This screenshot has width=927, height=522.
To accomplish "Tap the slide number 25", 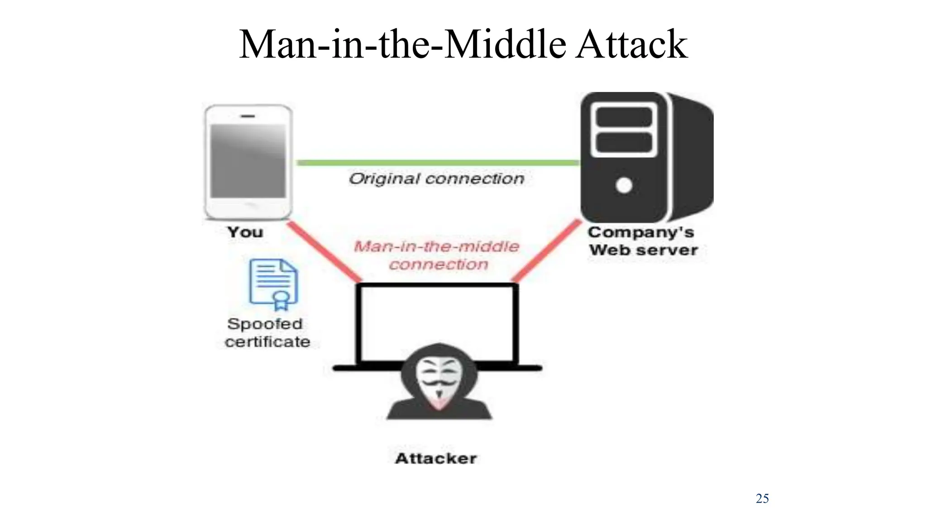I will click(x=762, y=498).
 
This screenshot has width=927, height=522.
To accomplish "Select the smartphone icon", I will click(x=248, y=162).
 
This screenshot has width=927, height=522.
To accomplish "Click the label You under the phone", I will click(x=245, y=232).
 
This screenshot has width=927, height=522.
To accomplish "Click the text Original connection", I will click(x=436, y=179).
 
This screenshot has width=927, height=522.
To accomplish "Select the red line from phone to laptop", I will click(x=324, y=251).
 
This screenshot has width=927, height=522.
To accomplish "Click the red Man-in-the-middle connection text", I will click(x=437, y=255).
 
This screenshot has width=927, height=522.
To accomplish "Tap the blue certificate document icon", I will click(x=273, y=283).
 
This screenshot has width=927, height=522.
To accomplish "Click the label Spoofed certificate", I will click(x=267, y=333).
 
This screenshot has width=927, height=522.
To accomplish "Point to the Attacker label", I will click(x=436, y=458).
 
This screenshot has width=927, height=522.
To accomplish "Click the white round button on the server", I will click(x=624, y=185).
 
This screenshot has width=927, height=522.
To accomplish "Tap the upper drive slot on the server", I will click(x=624, y=118).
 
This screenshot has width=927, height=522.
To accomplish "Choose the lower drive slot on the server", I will click(x=624, y=143).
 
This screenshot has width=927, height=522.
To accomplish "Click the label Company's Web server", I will click(x=643, y=241).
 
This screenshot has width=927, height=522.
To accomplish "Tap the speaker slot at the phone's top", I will click(x=248, y=116).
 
